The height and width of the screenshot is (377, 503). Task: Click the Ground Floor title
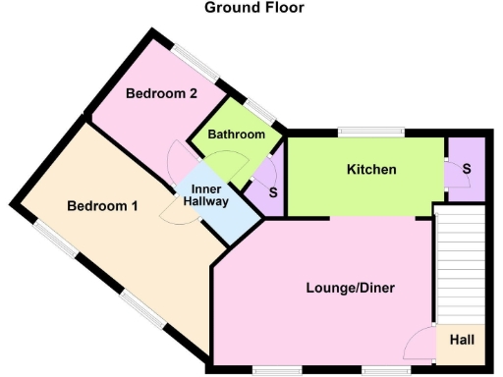coord(253,8)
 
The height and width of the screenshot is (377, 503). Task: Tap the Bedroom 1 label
coord(102,206)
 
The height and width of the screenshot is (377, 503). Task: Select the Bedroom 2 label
coord(163,94)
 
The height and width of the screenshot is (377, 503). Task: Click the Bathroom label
coord(237,135)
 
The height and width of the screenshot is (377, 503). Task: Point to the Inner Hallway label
coord(209,194)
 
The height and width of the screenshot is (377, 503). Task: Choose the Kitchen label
coord(371,170)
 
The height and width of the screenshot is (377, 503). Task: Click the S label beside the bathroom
coord(272,191)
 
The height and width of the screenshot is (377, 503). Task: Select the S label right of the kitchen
coord(467,169)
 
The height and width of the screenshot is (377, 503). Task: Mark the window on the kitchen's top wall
coord(371,132)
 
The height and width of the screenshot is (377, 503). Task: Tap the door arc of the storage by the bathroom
coord(261,174)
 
